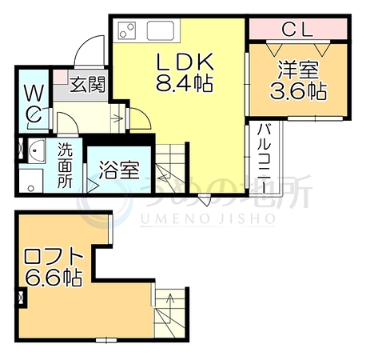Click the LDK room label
[x=186, y=62]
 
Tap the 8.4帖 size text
[x=185, y=82]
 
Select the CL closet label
[x=297, y=29]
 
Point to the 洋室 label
[x=298, y=70]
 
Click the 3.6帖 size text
[x=298, y=91]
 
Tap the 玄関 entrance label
[x=88, y=85]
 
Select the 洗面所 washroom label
[x=65, y=166]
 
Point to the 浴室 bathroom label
[x=119, y=170]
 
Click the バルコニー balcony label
[x=265, y=159]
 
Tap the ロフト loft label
[x=54, y=258]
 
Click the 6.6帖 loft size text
[x=54, y=278]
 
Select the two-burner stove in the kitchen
[x=127, y=30]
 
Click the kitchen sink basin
[x=161, y=30]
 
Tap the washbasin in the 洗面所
[x=37, y=150]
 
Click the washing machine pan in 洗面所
[x=31, y=180]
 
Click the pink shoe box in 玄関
[x=61, y=77]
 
